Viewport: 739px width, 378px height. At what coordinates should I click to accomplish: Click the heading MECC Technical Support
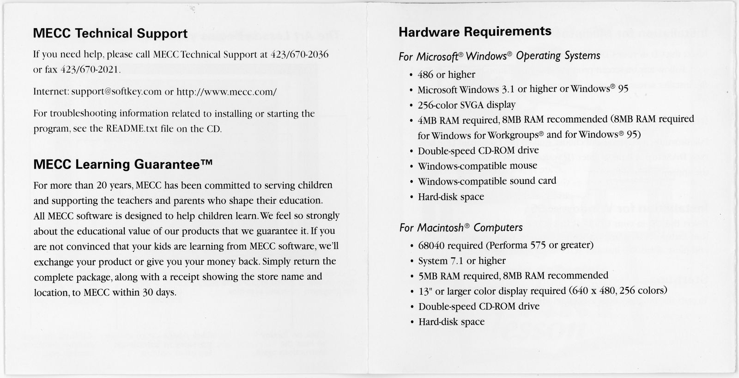(110, 34)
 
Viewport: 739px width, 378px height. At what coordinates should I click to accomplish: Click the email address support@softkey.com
(117, 91)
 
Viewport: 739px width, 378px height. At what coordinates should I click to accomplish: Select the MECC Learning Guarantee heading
(123, 165)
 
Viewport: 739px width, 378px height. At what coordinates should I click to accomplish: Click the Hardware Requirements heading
(475, 31)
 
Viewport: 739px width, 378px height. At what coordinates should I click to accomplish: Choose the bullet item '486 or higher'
(446, 74)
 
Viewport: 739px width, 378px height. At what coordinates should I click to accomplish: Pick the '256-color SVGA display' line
(466, 105)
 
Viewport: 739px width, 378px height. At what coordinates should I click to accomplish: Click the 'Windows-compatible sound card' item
(487, 181)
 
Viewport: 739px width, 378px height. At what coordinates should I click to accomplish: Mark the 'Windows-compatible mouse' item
(478, 166)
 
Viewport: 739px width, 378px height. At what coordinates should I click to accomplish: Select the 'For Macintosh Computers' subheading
(461, 228)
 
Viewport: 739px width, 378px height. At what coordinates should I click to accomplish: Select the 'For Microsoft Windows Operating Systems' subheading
(500, 56)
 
